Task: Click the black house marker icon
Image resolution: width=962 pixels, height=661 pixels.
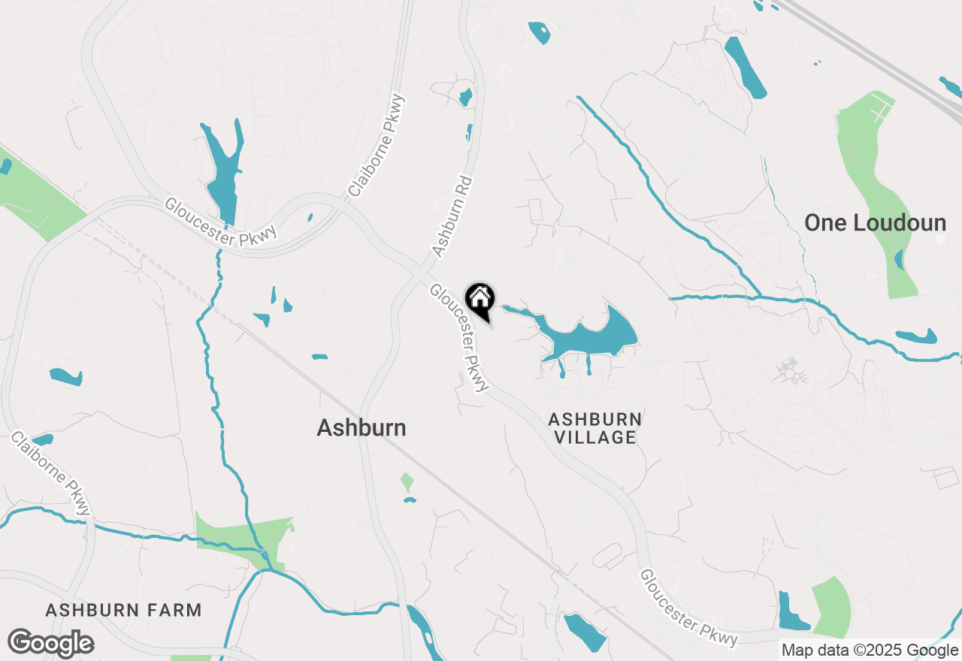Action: (480, 300)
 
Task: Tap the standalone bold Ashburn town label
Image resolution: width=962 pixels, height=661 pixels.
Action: (362, 428)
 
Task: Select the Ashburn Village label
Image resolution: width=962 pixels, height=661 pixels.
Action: (595, 428)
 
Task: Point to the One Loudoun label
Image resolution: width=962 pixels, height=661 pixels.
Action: (875, 223)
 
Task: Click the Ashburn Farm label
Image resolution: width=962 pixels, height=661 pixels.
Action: (124, 610)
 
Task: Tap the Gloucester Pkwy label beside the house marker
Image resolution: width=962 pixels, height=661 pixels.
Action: (459, 337)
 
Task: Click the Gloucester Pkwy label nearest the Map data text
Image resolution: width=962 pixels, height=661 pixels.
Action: (688, 608)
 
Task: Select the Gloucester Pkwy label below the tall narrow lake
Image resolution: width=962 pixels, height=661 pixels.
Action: (221, 222)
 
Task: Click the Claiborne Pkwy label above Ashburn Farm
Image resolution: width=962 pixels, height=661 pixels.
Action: (52, 473)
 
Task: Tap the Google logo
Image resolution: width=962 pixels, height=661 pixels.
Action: (50, 644)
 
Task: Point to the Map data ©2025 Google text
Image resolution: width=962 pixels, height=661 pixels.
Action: (870, 650)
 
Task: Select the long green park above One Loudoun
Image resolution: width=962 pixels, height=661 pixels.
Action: (872, 188)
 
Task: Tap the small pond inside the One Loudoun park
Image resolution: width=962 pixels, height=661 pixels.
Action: (900, 259)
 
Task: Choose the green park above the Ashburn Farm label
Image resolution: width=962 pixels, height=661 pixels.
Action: (240, 539)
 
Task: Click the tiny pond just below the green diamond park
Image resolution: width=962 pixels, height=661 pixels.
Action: (409, 500)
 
